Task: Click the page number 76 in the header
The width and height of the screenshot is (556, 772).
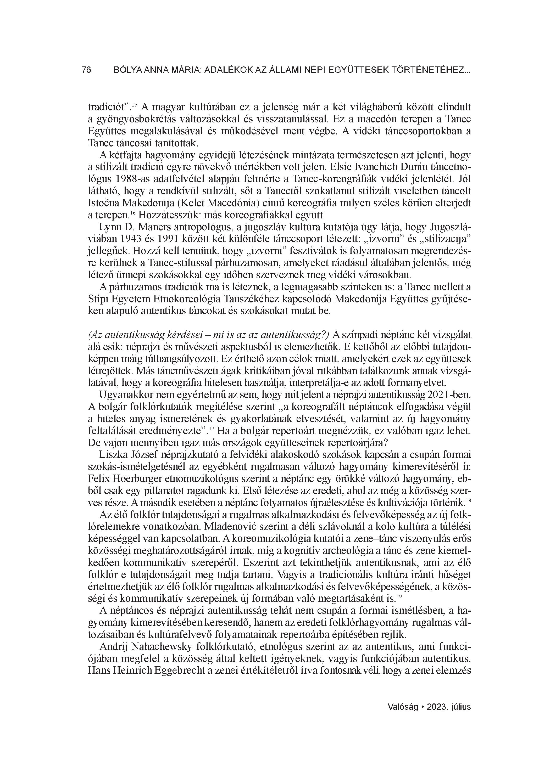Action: (x=87, y=70)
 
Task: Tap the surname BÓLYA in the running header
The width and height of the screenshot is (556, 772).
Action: (x=127, y=70)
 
